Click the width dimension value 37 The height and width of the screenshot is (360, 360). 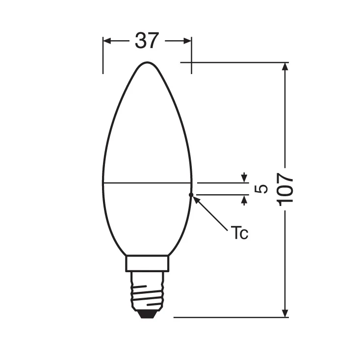(x=147, y=41)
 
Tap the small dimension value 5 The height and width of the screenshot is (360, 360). (x=263, y=188)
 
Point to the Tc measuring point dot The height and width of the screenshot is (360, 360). (x=191, y=195)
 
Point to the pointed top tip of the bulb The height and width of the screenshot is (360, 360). (x=147, y=63)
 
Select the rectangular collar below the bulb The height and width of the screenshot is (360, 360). (x=147, y=263)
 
